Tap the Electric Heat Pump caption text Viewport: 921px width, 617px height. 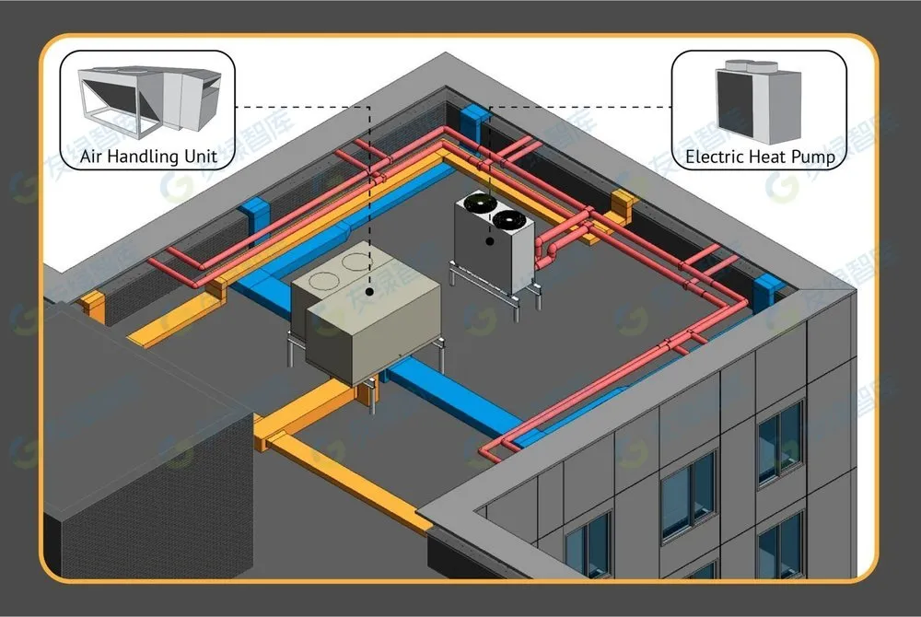click(760, 157)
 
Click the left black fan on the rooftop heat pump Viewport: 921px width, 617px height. click(477, 204)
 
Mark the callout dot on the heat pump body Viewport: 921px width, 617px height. click(490, 241)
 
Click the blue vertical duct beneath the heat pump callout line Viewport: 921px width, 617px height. click(473, 123)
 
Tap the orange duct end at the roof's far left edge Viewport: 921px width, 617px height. click(91, 305)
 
